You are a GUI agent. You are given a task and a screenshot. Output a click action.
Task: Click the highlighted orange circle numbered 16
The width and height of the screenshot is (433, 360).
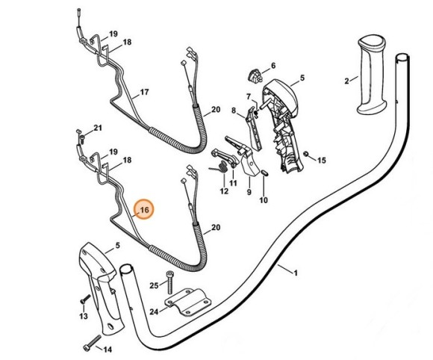tap(144, 211)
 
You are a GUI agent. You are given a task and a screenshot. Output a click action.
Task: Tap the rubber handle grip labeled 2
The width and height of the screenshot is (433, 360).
tap(371, 74)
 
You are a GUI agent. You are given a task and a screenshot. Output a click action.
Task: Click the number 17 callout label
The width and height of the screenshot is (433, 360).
tap(144, 92)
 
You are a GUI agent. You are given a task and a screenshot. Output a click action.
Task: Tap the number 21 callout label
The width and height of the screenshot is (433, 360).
tap(98, 128)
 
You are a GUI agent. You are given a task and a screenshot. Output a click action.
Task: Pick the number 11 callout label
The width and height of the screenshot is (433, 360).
tap(233, 183)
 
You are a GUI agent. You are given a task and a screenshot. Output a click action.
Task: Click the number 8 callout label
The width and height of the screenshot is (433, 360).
tap(234, 111)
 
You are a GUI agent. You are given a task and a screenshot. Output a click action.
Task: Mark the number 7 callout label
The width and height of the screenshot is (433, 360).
tap(248, 96)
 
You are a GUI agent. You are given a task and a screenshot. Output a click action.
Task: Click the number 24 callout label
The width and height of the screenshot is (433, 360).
tap(154, 312)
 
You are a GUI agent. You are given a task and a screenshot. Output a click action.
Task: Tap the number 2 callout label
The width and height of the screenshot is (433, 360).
tap(346, 80)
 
